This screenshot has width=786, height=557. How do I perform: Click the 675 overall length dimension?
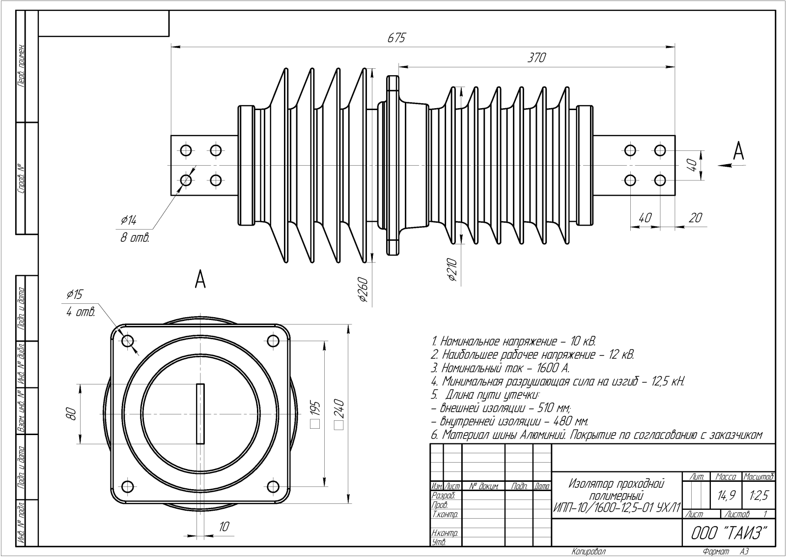point(396,38)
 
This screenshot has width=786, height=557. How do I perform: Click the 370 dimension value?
point(536,58)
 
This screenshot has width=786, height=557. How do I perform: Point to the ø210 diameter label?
point(452,270)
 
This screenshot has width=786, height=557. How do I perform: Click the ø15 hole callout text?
point(75,294)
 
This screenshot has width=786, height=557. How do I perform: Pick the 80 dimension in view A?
point(72,413)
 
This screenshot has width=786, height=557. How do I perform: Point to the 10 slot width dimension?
point(224,527)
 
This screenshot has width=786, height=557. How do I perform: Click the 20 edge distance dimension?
point(695,217)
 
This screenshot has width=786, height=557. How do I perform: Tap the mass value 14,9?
point(726,496)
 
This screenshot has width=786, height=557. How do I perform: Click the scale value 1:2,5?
point(758,496)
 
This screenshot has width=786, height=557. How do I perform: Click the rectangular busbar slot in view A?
point(200,413)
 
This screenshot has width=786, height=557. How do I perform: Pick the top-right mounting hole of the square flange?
point(273,341)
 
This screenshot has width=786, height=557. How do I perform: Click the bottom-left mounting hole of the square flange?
point(127,487)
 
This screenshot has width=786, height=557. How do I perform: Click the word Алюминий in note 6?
point(542,435)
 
